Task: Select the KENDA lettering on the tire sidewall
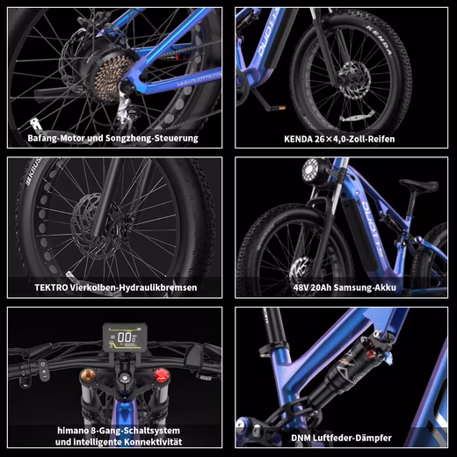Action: (x=379, y=40)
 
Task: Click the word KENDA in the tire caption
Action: (x=299, y=139)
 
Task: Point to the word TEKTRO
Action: (x=51, y=287)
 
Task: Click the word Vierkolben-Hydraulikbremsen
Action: (x=134, y=287)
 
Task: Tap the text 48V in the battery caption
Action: (x=301, y=287)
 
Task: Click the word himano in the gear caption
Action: (x=70, y=431)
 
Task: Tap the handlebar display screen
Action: (x=125, y=337)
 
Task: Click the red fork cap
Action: (x=162, y=376)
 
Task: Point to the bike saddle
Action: (x=419, y=185)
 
